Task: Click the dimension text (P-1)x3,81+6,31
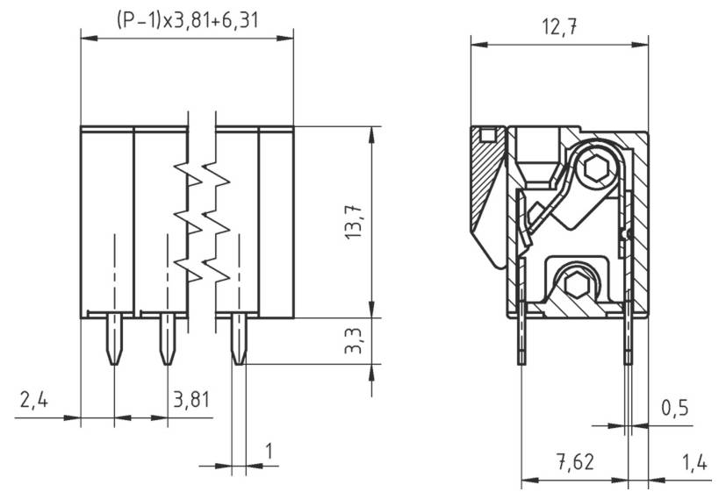186,19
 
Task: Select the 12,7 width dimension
558,26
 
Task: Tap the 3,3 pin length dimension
355,340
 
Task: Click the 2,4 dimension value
33,401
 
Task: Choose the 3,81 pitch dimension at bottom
190,401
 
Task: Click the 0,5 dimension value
674,409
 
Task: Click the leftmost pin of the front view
113,340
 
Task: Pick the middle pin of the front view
167,340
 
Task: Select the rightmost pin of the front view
238,340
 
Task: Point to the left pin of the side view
521,338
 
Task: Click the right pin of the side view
628,338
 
